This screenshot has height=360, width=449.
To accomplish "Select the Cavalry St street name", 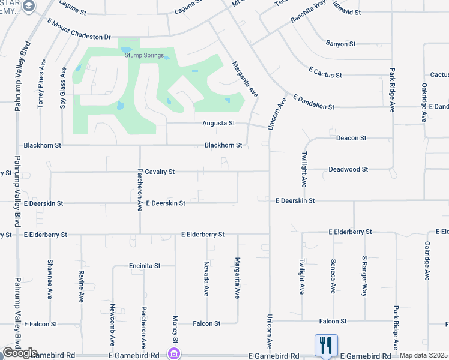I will (x=160, y=172).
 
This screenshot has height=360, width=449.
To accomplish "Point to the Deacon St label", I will (x=351, y=138).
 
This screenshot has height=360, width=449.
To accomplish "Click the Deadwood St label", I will (x=348, y=170).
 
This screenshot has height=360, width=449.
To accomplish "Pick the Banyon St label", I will (x=341, y=44).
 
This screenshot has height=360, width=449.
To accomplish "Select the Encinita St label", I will (x=145, y=265).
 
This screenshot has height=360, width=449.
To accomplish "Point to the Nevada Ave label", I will (x=206, y=278).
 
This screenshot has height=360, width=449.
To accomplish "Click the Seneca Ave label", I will (x=333, y=276).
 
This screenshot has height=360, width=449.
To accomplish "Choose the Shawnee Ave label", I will (x=50, y=279).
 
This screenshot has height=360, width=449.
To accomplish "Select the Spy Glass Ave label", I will (x=63, y=87).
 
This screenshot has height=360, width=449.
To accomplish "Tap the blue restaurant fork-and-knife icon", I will (x=326, y=345).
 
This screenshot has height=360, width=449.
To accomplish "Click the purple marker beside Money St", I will (x=174, y=354).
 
